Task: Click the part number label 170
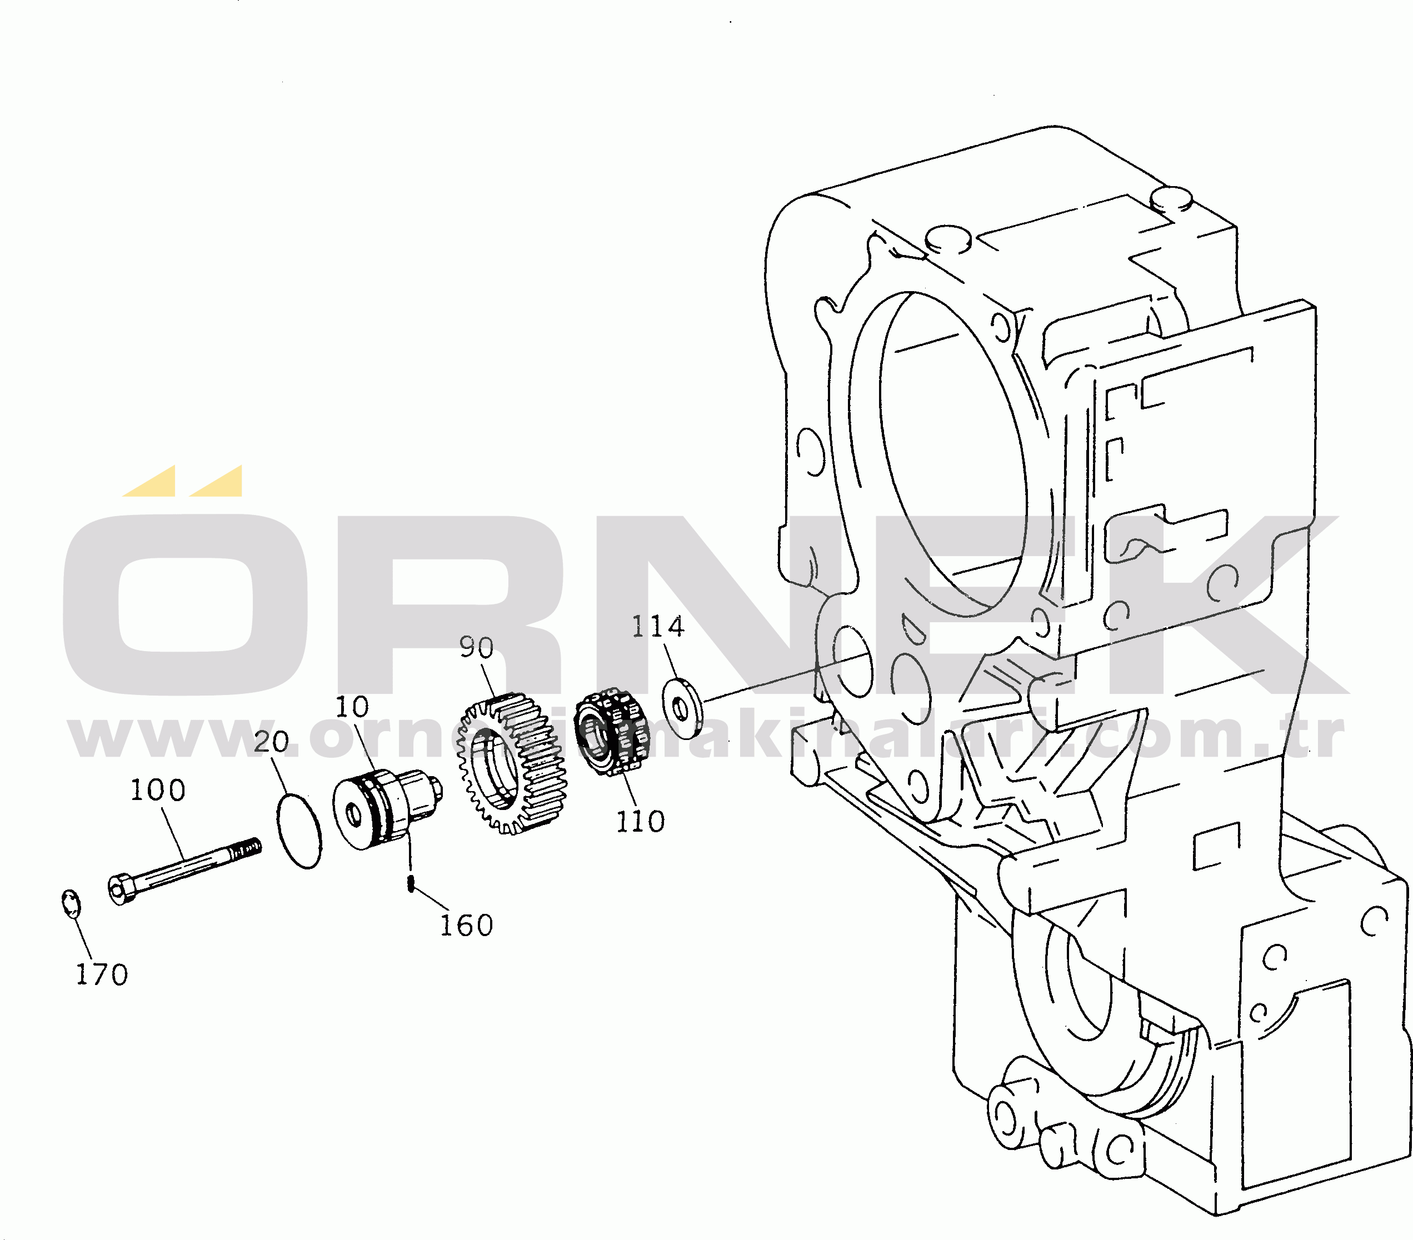click(102, 975)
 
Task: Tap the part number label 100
click(158, 790)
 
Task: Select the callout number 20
click(271, 742)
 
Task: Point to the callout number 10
click(353, 707)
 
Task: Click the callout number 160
click(467, 926)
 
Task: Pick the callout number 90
click(477, 648)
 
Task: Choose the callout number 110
click(640, 822)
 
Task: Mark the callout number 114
click(658, 627)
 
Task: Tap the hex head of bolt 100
click(122, 889)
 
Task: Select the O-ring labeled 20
click(298, 830)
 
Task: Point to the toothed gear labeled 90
click(512, 763)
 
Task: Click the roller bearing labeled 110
click(612, 731)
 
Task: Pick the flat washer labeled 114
click(682, 708)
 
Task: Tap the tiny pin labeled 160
click(411, 883)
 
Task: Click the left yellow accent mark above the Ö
click(149, 481)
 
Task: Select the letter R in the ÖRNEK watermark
click(450, 605)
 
